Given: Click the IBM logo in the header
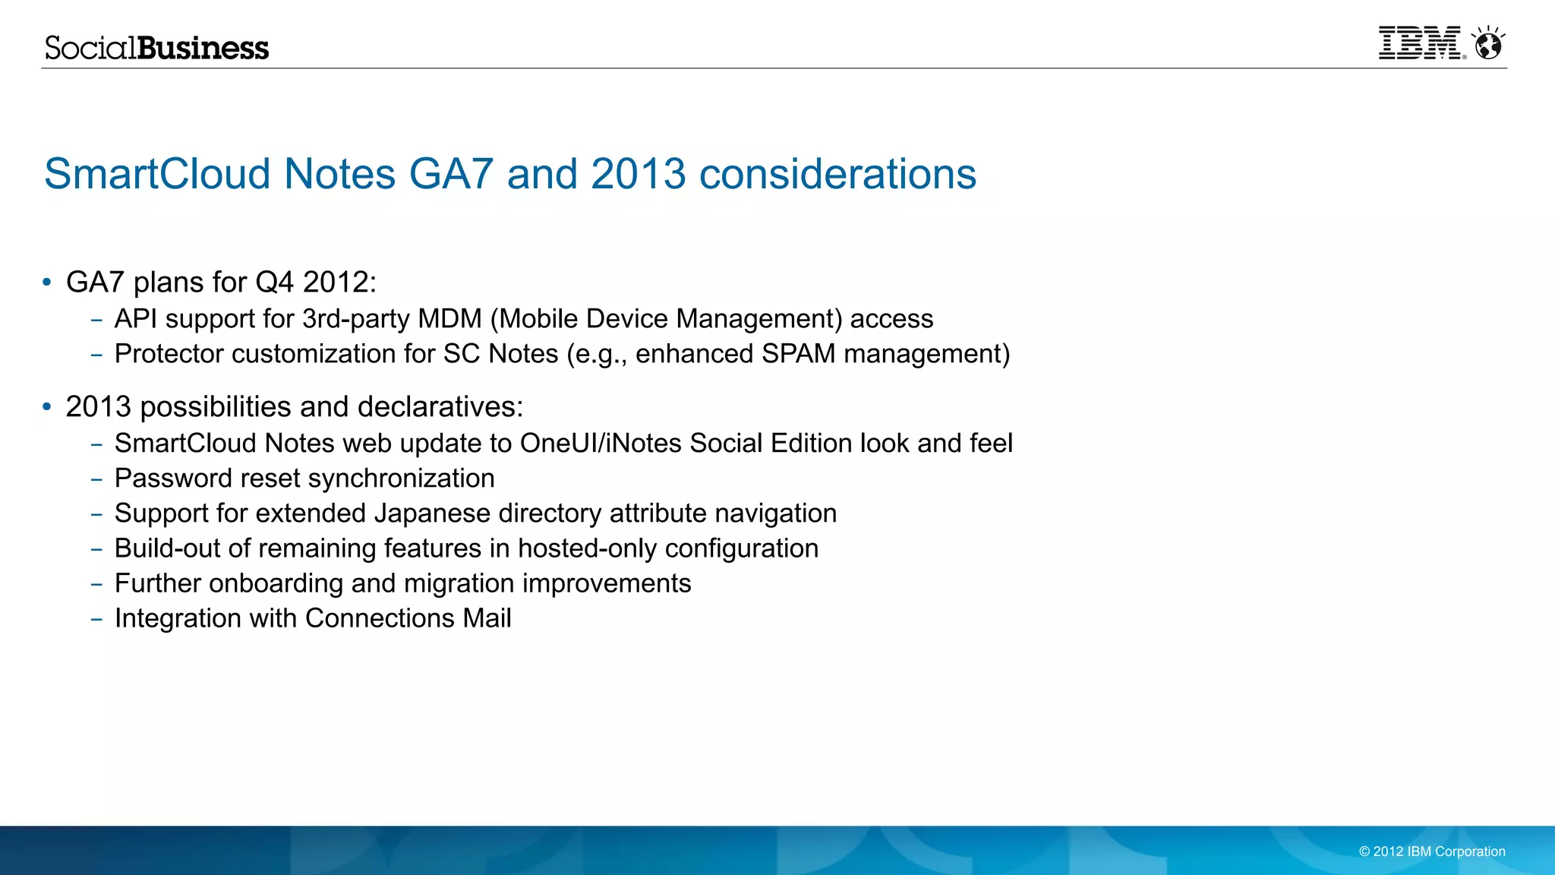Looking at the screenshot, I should pyautogui.click(x=1419, y=43).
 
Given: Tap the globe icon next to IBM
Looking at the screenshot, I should pyautogui.click(x=1487, y=44).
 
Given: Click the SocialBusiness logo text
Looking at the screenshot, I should pyautogui.click(x=156, y=48).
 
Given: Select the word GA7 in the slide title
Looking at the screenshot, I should pyautogui.click(x=451, y=174).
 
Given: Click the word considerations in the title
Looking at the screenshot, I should pyautogui.click(x=837, y=174).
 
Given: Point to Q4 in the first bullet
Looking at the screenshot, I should pyautogui.click(x=274, y=283).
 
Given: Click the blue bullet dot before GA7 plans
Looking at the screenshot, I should pyautogui.click(x=47, y=283).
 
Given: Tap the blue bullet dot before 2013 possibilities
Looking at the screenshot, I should pyautogui.click(x=47, y=407).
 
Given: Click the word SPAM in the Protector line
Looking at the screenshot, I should pyautogui.click(x=798, y=354).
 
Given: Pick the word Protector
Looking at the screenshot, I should pyautogui.click(x=169, y=354).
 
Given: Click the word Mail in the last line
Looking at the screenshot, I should pyautogui.click(x=487, y=618).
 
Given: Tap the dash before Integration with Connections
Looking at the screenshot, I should pyautogui.click(x=96, y=619).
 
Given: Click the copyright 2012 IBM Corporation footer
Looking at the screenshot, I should pyautogui.click(x=1431, y=851).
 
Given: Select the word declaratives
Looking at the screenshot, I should pyautogui.click(x=440, y=407).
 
